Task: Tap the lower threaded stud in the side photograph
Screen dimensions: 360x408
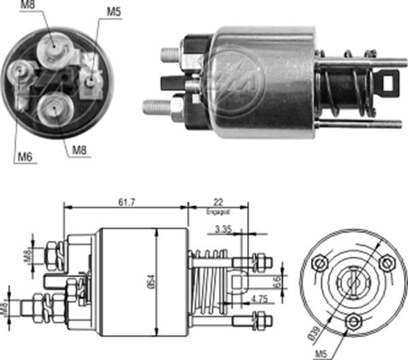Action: pyautogui.click(x=158, y=107)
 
